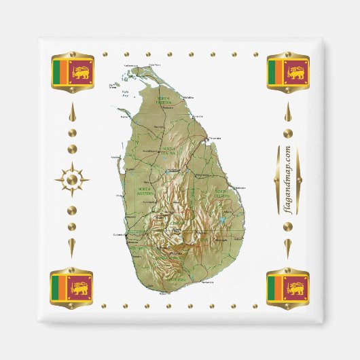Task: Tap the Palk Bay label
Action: (x=124, y=95)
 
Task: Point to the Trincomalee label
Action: (x=215, y=138)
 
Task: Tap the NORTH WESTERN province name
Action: (x=145, y=192)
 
